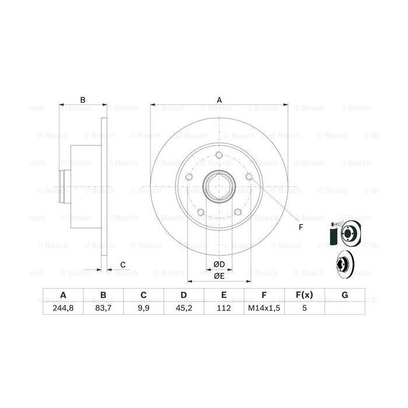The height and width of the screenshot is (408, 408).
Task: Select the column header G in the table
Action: pyautogui.click(x=344, y=296)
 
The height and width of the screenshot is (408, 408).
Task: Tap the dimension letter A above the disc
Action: pyautogui.click(x=220, y=100)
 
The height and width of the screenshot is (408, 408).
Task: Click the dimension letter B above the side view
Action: pyautogui.click(x=83, y=100)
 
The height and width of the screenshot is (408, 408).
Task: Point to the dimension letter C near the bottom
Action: pyautogui.click(x=123, y=265)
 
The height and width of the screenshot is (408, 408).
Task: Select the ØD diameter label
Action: pyautogui.click(x=219, y=265)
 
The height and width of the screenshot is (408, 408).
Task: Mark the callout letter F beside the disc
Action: pyautogui.click(x=301, y=227)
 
